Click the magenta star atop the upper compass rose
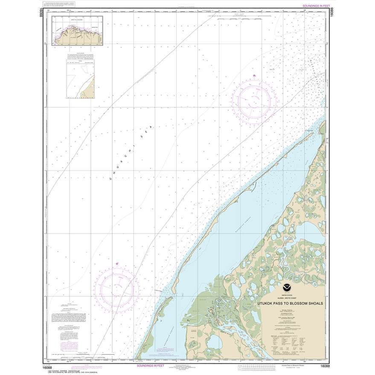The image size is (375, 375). [254, 76]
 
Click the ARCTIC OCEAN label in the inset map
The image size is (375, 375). [75, 20]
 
